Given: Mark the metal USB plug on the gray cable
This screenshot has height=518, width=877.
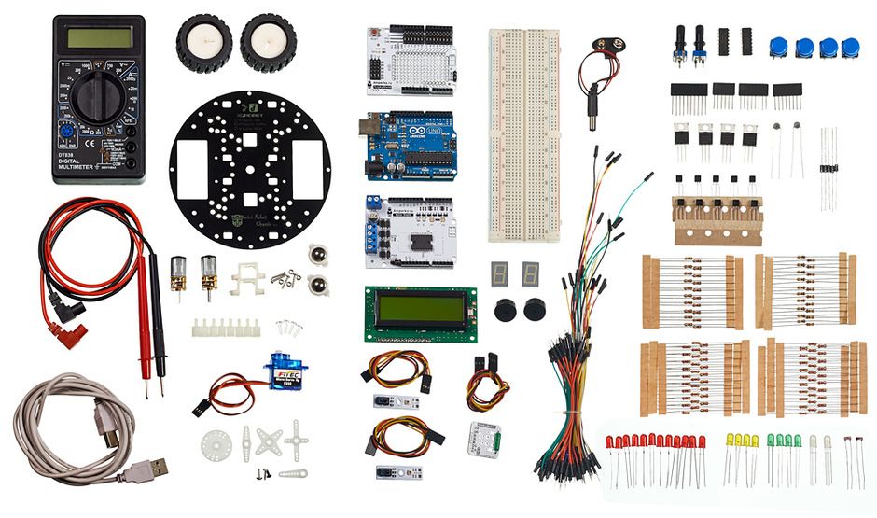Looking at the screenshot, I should (154, 468).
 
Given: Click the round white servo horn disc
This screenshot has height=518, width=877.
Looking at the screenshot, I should (216, 446).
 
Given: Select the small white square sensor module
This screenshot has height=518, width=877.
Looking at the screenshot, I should (484, 438).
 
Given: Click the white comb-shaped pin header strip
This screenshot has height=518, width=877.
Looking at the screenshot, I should (225, 327).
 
